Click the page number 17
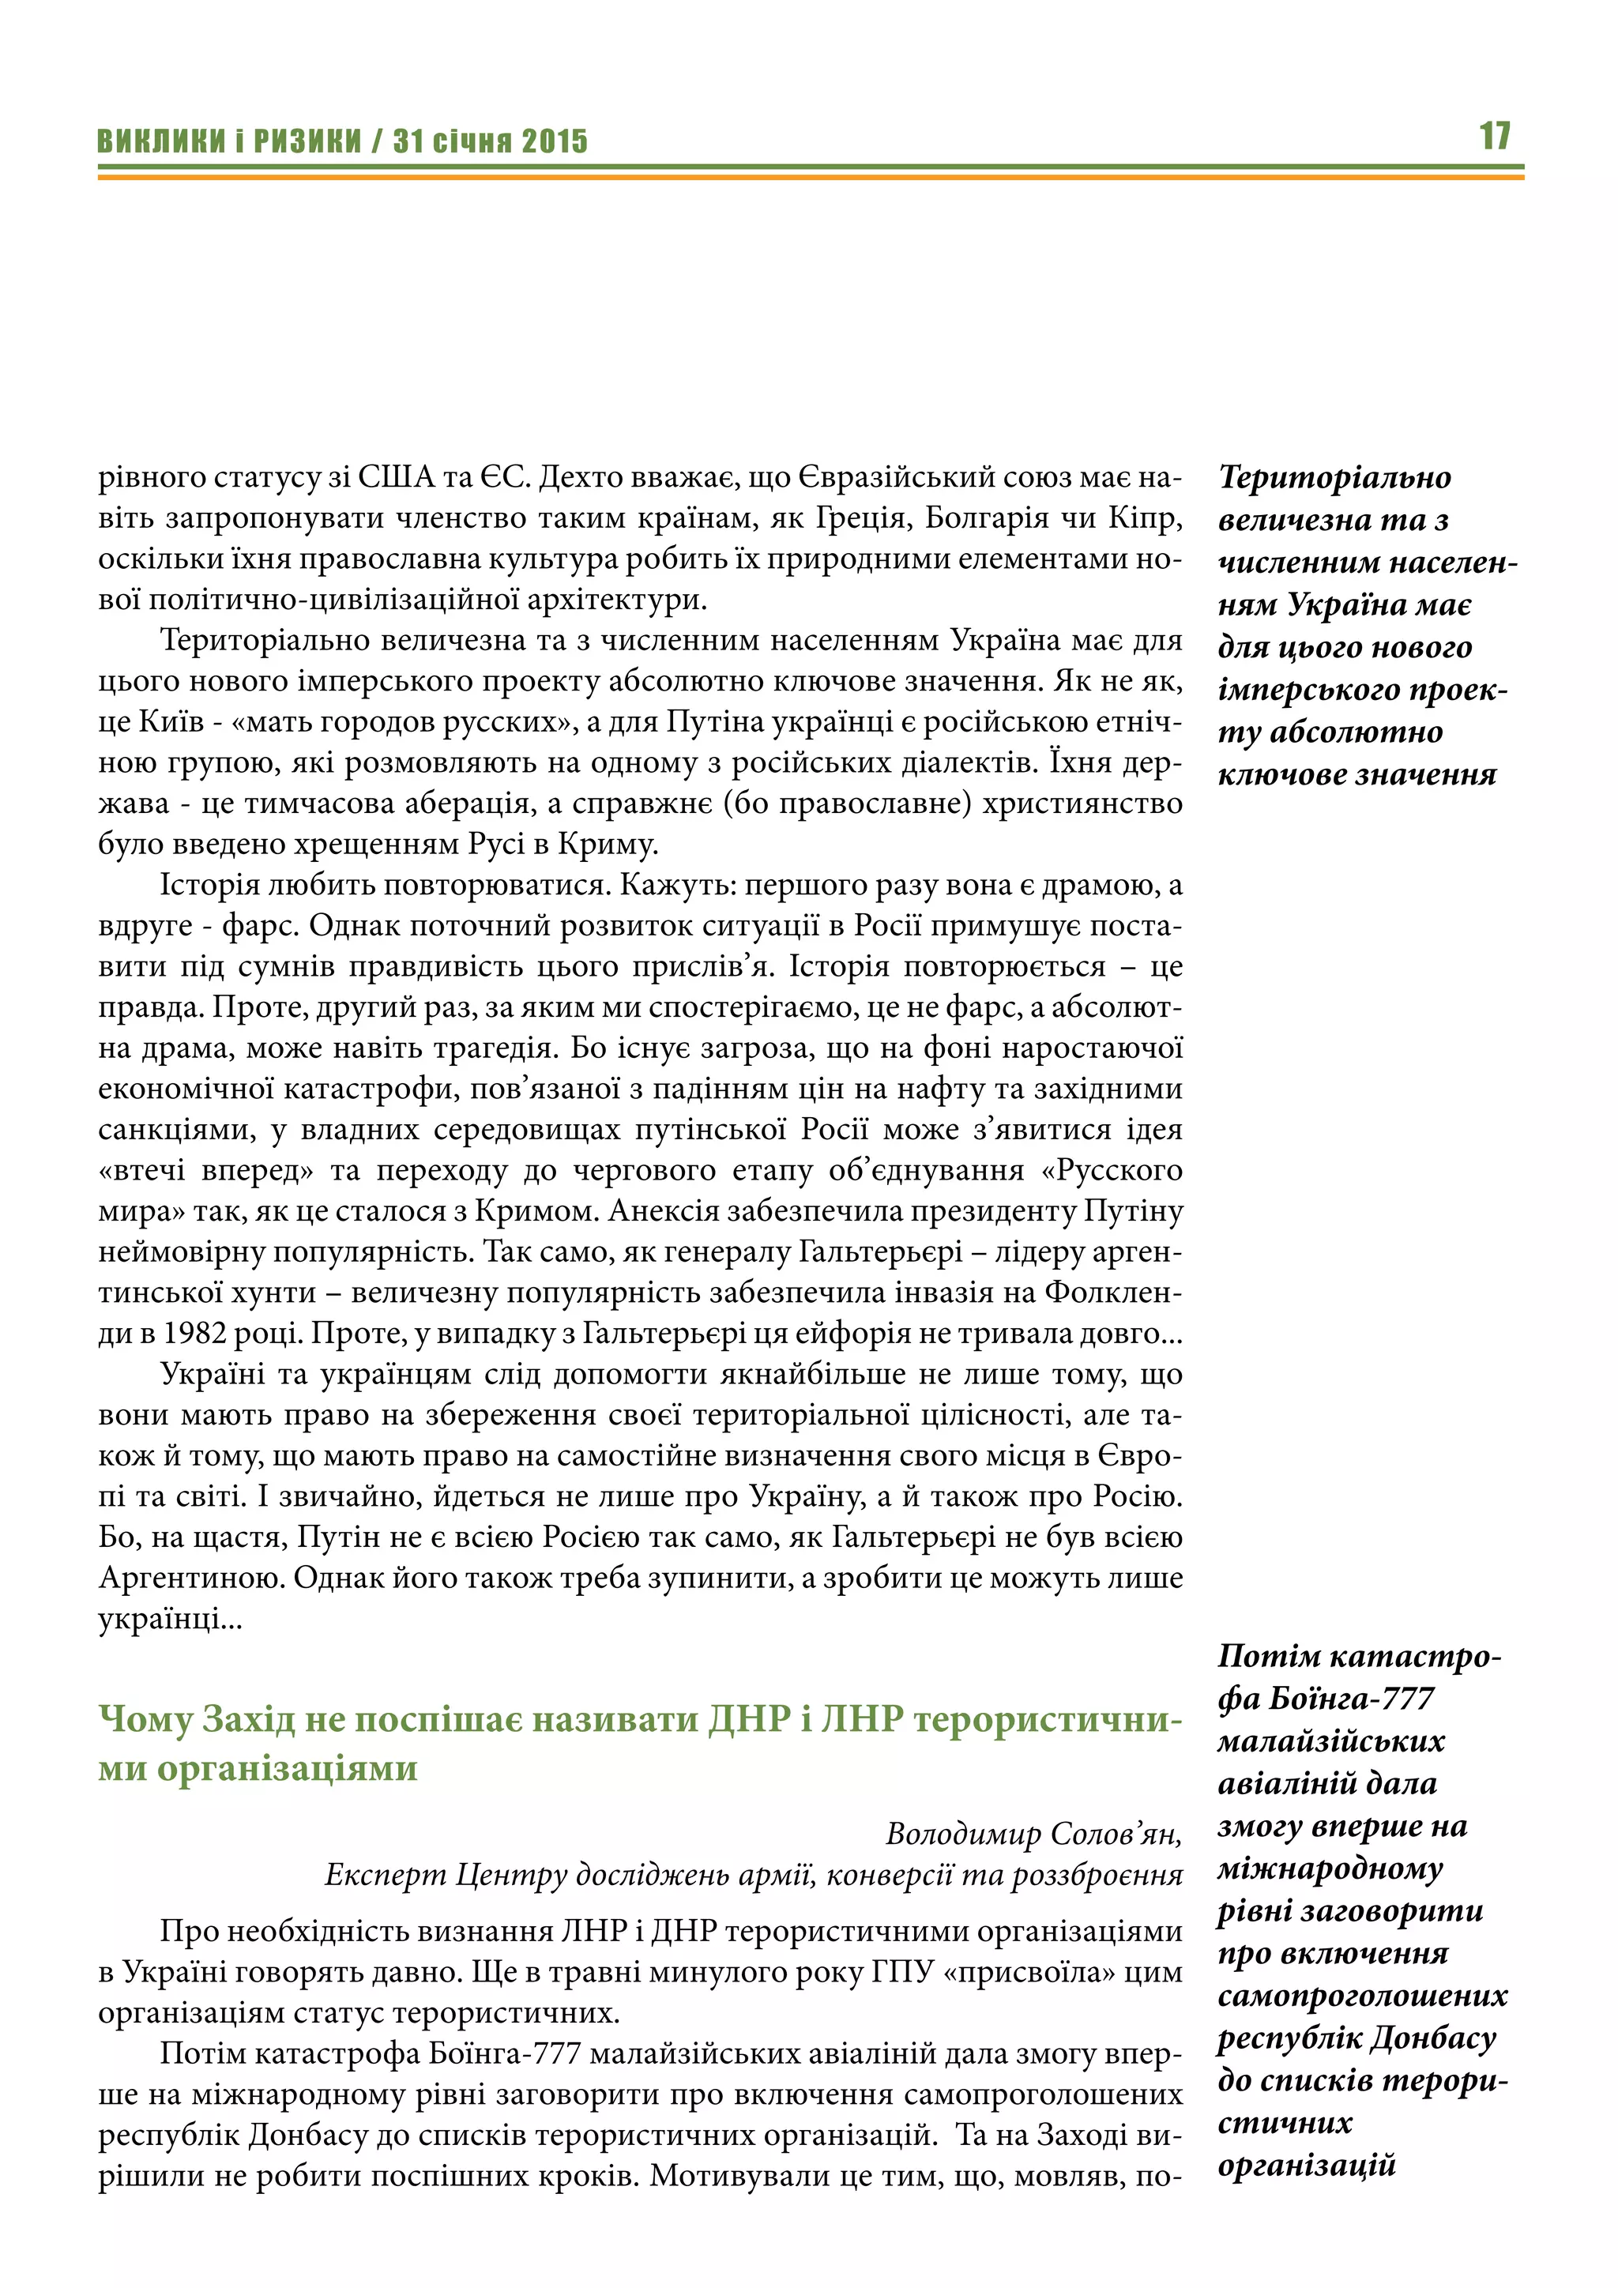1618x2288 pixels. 1495,136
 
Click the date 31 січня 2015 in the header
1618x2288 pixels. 490,141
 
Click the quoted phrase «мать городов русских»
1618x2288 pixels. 404,721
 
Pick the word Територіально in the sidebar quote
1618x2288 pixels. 1335,477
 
